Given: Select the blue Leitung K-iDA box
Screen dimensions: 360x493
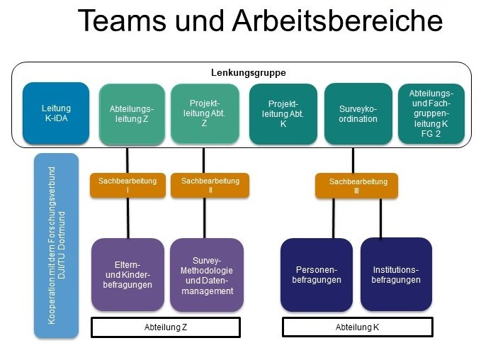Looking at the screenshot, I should tap(56, 113).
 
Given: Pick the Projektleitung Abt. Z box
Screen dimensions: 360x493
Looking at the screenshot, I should tap(204, 113).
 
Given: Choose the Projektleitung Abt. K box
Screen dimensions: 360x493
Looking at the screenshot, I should tap(283, 113).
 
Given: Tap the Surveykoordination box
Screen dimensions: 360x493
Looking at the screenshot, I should tap(358, 113).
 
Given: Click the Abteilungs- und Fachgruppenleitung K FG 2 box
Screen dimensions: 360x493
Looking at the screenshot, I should tap(432, 113).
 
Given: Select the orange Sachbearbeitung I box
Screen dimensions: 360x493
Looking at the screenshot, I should tap(127, 186).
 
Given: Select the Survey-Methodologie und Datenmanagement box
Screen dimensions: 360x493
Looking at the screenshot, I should tap(207, 275).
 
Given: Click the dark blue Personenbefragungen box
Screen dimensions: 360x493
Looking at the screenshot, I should tap(317, 275).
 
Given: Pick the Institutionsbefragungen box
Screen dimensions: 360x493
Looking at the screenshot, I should tap(397, 275).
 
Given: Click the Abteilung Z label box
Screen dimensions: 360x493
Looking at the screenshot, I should tap(166, 327).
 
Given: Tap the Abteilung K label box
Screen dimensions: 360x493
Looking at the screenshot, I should tap(357, 327).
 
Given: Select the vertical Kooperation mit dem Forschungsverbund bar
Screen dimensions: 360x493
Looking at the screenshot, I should tap(57, 245).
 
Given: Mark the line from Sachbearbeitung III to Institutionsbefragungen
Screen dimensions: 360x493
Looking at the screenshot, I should tap(381, 218).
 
